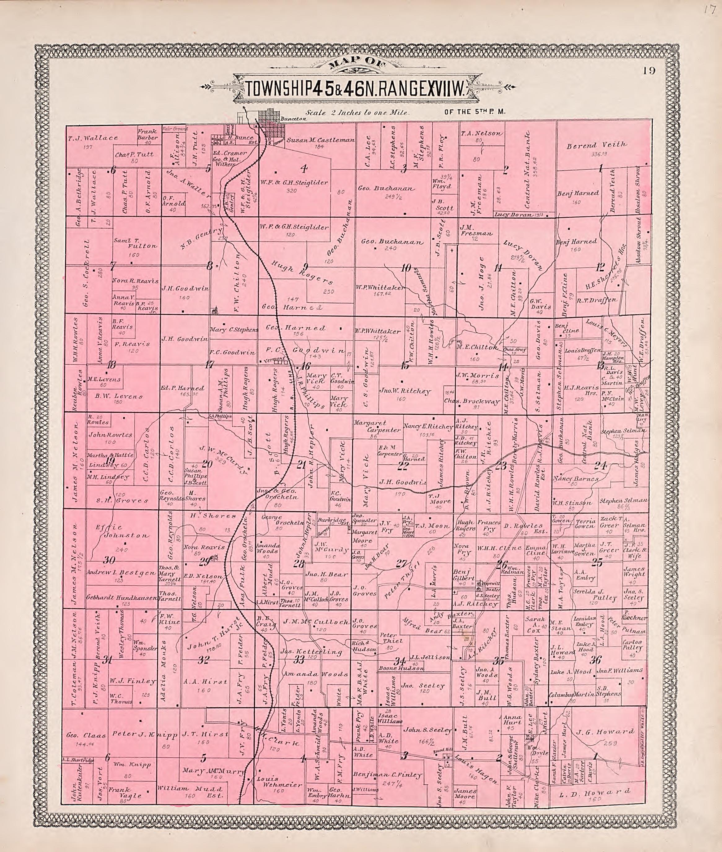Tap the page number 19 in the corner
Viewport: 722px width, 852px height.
point(649,70)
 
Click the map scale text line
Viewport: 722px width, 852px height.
point(357,112)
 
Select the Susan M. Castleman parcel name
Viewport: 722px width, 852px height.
point(321,140)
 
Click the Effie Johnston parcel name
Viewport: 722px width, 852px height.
point(117,531)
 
